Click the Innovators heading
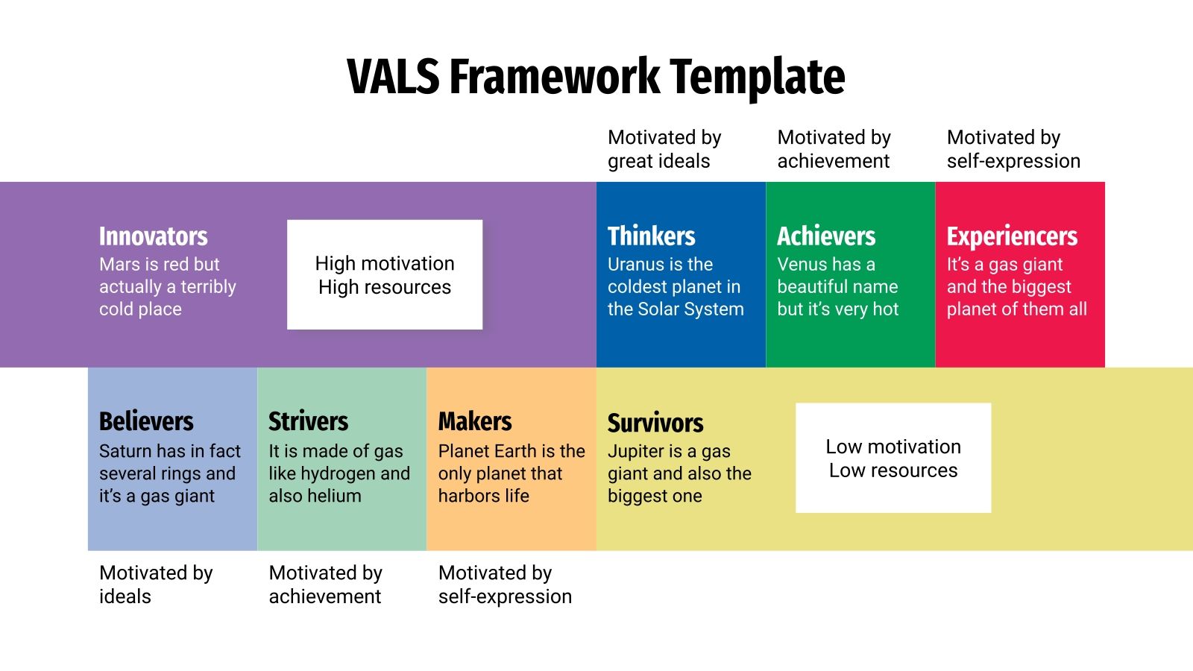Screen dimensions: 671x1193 [x=154, y=236]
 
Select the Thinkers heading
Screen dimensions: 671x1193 [x=651, y=236]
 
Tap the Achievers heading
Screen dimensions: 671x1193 [x=826, y=236]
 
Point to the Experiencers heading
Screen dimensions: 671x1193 [x=1012, y=236]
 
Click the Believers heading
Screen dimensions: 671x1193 [x=146, y=421]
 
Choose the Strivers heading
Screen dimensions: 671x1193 [x=308, y=421]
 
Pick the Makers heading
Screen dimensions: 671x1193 [x=475, y=421]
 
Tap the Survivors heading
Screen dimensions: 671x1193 [x=655, y=423]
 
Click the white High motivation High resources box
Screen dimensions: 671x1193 [x=385, y=274]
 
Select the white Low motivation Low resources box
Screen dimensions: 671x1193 [x=893, y=458]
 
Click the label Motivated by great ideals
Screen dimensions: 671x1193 [x=664, y=149]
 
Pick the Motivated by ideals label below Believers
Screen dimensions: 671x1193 [x=155, y=585]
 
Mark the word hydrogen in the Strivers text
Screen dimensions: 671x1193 [x=339, y=474]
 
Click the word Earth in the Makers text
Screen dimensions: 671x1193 [x=509, y=451]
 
